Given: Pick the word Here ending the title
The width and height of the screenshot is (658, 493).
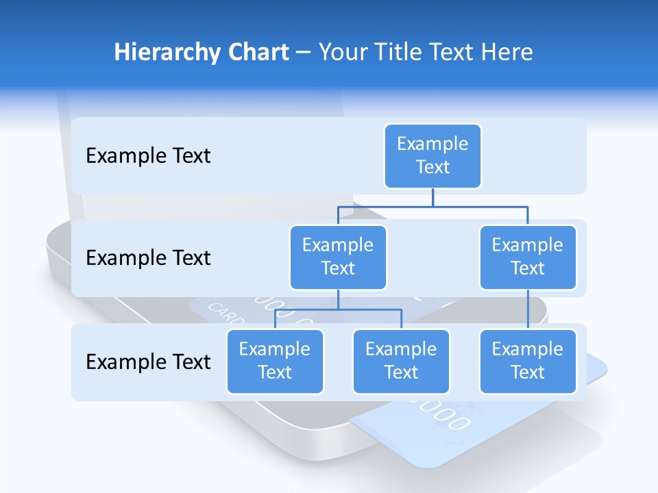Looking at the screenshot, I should (505, 53).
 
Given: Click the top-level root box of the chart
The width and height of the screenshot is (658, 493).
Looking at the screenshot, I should (432, 156).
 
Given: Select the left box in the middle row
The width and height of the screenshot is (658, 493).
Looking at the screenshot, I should (338, 257).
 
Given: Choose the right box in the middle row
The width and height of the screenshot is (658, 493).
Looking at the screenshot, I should (528, 257).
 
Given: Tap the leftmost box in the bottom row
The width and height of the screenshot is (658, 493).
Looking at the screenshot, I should (275, 362).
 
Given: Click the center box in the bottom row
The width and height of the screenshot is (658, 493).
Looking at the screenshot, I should (401, 362).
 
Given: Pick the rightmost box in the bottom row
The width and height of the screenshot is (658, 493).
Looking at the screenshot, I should (528, 362).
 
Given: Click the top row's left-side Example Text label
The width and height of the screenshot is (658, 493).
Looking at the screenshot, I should (148, 156).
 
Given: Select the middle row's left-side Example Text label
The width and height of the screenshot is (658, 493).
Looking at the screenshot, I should (148, 258).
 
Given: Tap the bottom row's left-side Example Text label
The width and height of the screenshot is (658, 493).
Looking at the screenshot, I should (148, 362).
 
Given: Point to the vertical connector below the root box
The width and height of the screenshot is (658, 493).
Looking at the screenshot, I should (432, 197).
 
